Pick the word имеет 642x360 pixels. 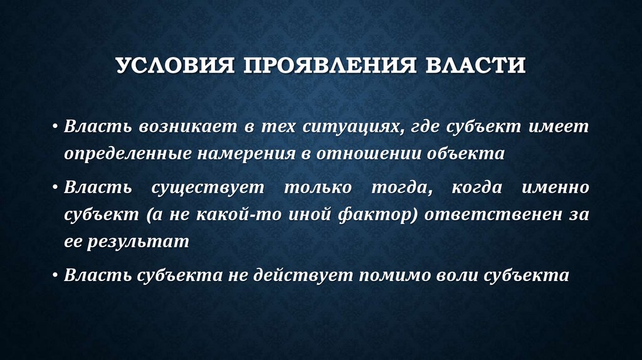coord(558,127)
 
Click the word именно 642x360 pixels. coord(558,187)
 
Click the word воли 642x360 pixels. coord(461,275)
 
